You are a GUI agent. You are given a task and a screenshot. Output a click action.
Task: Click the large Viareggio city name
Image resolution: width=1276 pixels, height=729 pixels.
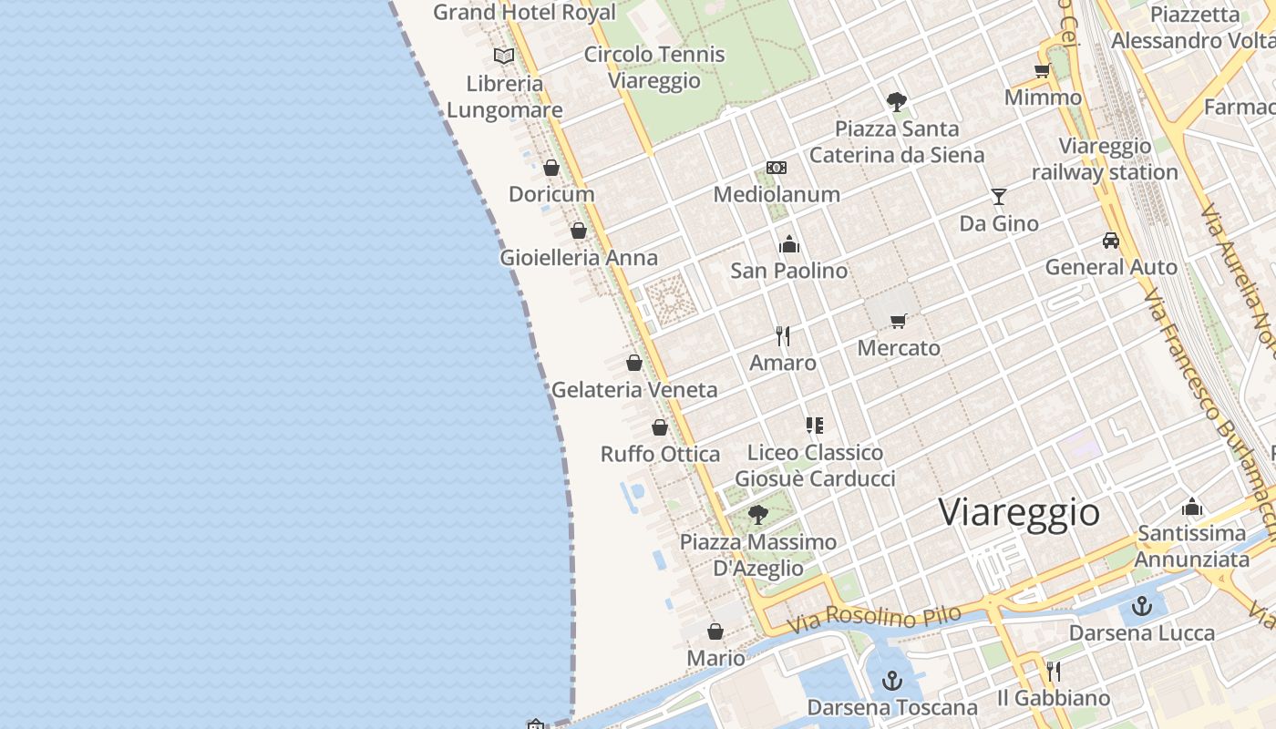click(x=1019, y=512)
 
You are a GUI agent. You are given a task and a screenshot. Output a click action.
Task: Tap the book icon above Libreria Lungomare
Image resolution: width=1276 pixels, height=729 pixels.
click(x=504, y=56)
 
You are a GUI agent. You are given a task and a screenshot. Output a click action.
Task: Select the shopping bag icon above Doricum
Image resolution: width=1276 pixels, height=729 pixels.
click(x=551, y=168)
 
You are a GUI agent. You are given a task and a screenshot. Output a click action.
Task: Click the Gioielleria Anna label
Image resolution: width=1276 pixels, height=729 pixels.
click(x=579, y=258)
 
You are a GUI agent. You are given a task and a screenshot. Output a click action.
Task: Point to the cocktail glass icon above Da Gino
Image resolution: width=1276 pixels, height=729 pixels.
click(x=999, y=197)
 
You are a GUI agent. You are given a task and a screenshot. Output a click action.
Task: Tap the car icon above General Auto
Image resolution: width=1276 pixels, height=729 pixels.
click(x=1111, y=241)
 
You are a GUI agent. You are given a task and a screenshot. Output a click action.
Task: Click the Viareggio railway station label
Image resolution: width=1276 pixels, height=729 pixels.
click(x=1105, y=159)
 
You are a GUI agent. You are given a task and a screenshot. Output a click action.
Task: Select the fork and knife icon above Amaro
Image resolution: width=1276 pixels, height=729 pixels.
click(x=783, y=336)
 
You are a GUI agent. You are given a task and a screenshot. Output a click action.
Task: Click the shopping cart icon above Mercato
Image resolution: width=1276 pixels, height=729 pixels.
click(x=899, y=321)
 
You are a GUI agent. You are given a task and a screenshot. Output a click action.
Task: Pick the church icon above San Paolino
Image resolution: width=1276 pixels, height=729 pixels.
click(x=789, y=244)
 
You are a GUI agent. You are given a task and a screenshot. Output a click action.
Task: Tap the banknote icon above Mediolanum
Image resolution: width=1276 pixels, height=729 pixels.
click(x=777, y=168)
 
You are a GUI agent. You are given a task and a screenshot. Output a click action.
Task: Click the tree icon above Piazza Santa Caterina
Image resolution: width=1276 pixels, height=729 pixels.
click(x=897, y=101)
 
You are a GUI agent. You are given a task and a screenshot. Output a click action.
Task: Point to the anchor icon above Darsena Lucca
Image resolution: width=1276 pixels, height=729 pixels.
click(x=1142, y=606)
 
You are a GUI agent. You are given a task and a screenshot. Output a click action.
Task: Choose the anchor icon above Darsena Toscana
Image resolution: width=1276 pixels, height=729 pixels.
click(x=892, y=681)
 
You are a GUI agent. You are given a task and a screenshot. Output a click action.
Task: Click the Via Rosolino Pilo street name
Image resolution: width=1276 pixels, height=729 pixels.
click(x=874, y=619)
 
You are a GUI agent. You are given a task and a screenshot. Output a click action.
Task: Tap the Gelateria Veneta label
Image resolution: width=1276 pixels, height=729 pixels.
click(x=634, y=390)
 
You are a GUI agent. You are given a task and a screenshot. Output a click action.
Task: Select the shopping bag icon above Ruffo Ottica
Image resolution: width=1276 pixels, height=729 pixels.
click(x=660, y=427)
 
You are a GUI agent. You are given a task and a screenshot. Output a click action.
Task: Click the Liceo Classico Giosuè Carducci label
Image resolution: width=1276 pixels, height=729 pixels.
click(x=815, y=466)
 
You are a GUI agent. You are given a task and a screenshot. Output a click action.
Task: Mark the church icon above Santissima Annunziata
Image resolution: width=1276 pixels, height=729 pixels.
click(x=1192, y=508)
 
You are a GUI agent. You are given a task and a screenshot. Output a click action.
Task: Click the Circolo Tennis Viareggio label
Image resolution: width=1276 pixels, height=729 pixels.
click(x=654, y=67)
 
